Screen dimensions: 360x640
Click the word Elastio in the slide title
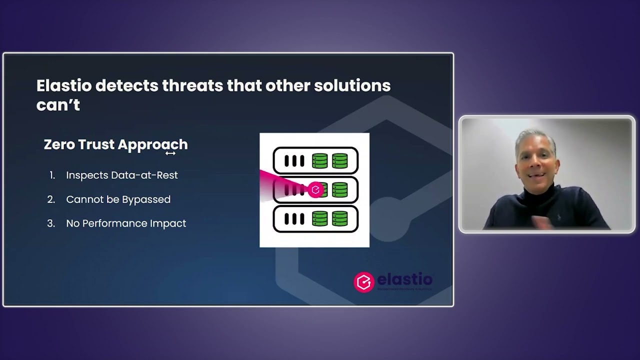click(63, 85)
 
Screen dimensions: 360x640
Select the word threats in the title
click(192, 85)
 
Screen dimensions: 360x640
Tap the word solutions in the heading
click(352, 85)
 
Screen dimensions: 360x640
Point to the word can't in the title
click(58, 105)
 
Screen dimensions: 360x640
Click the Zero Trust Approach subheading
click(115, 144)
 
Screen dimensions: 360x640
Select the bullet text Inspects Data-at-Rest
click(121, 175)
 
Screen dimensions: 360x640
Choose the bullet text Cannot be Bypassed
click(118, 199)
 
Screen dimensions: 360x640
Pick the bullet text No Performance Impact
click(126, 223)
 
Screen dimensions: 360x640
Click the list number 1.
click(52, 175)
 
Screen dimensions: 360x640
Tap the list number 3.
click(51, 223)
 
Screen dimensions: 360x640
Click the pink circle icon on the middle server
click(315, 190)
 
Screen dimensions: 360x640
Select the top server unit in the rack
click(315, 160)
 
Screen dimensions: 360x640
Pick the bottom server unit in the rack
click(315, 219)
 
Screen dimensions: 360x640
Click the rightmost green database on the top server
click(339, 160)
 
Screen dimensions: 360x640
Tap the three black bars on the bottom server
click(294, 219)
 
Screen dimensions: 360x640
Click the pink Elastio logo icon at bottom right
click(363, 282)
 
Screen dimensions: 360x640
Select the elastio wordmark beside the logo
click(404, 279)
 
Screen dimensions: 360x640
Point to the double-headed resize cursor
click(170, 153)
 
